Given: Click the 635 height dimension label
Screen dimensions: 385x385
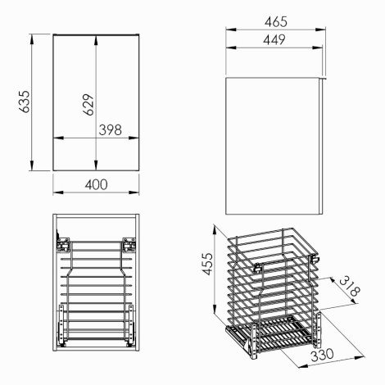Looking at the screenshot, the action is coord(24,102).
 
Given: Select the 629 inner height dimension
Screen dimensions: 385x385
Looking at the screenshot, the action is coord(88,105).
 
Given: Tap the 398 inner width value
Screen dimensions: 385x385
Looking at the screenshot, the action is coord(111,130).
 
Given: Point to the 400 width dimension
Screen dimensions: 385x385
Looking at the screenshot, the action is coord(96,185).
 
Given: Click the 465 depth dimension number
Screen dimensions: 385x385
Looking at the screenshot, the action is coord(276,22).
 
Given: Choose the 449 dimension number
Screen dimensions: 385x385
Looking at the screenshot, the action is coord(274,40).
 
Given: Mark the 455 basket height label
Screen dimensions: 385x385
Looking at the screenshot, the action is coord(207,264).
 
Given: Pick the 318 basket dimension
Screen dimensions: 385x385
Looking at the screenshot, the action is coord(350,286).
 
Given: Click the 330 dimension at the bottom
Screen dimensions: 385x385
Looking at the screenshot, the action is coord(322,355).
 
